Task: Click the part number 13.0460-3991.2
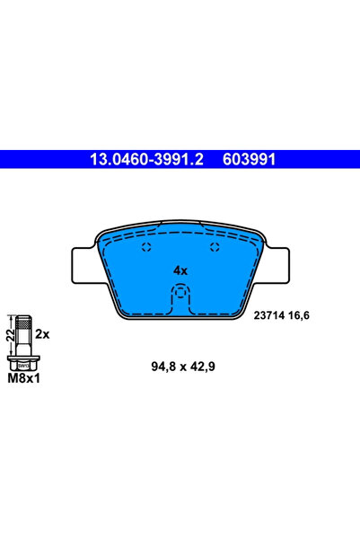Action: click(147, 159)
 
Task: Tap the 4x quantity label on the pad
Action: click(180, 270)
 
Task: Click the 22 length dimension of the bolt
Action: click(9, 337)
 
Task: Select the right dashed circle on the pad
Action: click(213, 248)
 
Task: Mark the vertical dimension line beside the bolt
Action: click(13, 337)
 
